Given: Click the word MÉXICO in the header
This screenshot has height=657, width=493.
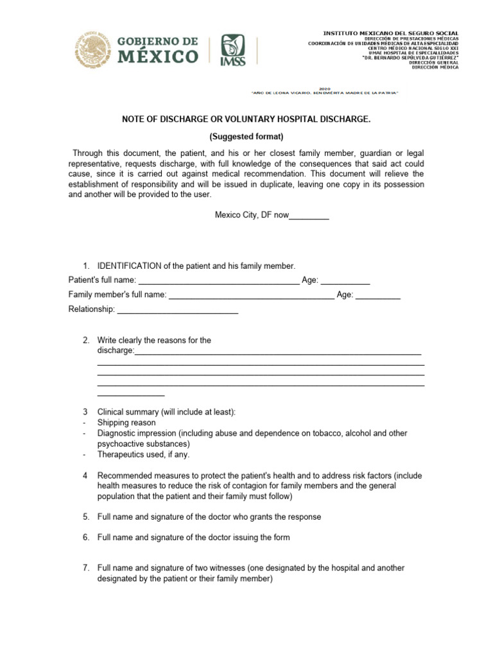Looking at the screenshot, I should pos(157,56).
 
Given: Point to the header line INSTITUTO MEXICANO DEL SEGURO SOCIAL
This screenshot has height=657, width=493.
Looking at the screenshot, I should pos(390,32).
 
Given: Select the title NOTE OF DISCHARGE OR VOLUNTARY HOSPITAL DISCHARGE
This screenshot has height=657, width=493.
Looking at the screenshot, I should pos(246,119).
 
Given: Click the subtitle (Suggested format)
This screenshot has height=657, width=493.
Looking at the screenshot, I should pos(246,136).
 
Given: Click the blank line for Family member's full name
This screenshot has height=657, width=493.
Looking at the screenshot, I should pos(250,295).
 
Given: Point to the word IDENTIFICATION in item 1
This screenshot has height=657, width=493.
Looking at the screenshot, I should pos(129,266).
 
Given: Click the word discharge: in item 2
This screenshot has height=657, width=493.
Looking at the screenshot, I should pos(116,351).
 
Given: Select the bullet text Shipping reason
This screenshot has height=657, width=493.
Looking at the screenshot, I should pos(126,423).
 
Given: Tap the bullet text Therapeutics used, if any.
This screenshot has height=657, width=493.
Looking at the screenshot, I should pos(143,454).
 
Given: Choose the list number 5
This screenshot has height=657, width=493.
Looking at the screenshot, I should pos(85,516).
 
